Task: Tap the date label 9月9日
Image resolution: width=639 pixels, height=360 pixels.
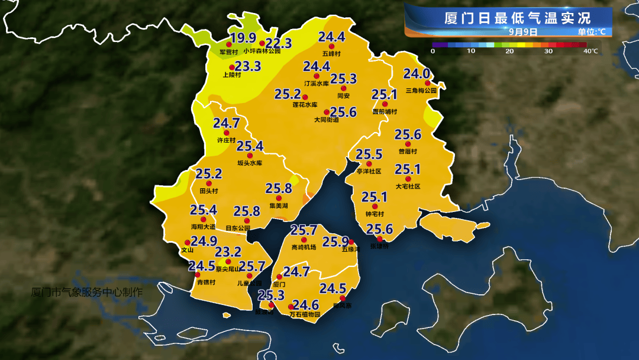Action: coord(523,32)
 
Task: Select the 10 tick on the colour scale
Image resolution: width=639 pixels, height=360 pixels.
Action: coord(471,52)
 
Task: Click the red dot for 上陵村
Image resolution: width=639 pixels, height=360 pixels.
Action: coord(232,67)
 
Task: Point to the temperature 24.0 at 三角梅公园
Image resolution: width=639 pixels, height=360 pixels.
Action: coord(416,74)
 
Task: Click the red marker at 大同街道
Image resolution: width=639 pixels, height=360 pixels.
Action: coord(326,111)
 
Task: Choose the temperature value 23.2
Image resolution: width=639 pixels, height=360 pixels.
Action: coord(228,252)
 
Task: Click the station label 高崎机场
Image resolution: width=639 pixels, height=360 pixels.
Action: coord(304,247)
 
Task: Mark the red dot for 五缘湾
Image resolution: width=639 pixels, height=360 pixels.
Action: coord(351,242)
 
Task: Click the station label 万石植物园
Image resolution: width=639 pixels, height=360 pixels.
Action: coord(305,314)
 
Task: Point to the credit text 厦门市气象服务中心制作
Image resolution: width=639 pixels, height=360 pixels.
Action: coord(87,292)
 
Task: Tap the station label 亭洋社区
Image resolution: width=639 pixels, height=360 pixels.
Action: coord(369,171)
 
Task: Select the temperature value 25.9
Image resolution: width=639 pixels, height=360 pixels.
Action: coord(335,242)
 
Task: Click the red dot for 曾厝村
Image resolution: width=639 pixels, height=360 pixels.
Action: coord(408,144)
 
